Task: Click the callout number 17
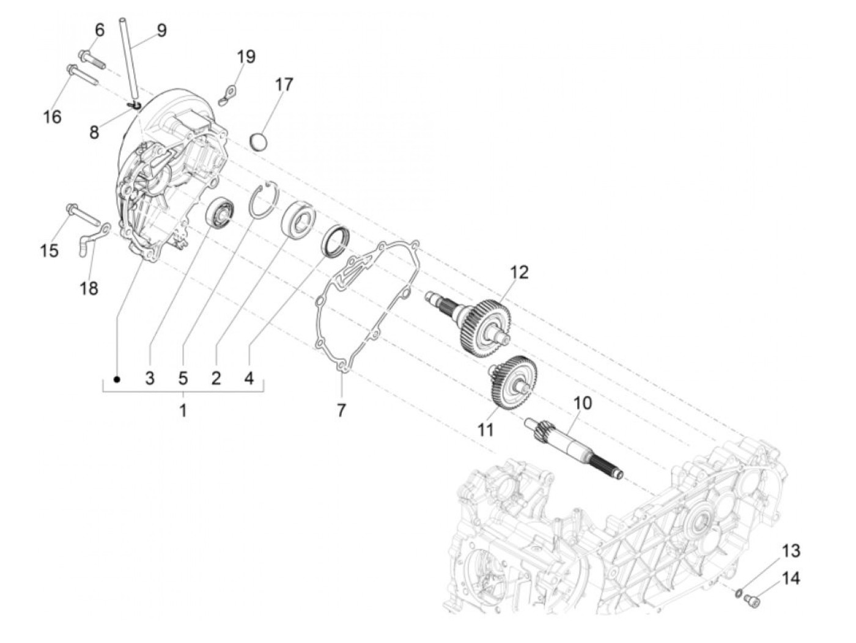(284, 84)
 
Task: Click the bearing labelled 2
(300, 217)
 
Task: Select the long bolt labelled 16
(82, 76)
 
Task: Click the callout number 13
(791, 551)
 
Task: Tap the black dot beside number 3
(117, 379)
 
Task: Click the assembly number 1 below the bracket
(182, 410)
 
